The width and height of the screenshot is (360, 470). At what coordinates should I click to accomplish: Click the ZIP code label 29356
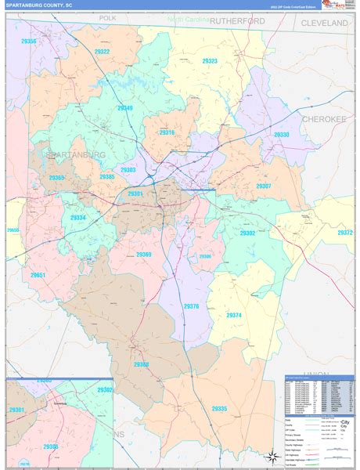28,41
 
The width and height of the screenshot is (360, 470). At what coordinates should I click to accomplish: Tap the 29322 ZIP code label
99,52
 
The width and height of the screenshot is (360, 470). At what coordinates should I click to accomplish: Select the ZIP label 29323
210,60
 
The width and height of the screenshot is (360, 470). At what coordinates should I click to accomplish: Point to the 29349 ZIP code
124,108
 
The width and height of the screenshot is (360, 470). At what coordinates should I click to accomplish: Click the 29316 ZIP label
167,133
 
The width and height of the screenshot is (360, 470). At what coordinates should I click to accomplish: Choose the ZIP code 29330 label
281,135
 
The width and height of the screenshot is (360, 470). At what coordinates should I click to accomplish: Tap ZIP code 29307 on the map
264,186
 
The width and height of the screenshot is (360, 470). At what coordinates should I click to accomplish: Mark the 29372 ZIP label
345,233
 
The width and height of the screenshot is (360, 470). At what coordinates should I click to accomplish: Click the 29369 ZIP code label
144,255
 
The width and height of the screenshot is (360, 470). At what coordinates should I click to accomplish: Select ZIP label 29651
38,275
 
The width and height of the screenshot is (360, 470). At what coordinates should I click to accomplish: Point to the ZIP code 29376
191,306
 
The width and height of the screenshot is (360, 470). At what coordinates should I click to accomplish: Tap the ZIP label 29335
218,409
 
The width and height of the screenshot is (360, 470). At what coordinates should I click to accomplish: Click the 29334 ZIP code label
78,218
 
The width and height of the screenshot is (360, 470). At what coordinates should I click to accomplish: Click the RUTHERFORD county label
237,22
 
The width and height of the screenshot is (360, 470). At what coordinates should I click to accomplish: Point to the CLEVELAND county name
324,23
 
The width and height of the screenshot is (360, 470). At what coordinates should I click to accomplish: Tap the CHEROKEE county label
323,118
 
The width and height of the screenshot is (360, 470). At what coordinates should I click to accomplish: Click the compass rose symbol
270,456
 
